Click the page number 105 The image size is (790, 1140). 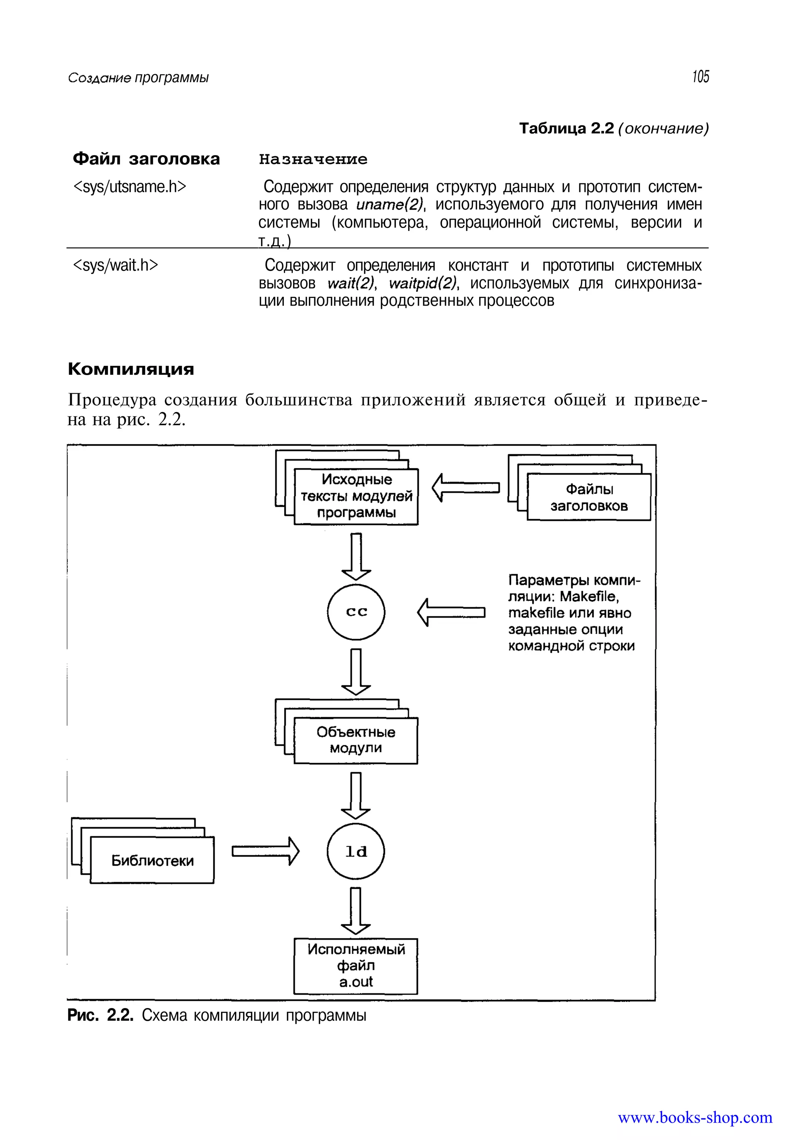701,77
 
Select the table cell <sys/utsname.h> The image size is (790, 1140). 130,187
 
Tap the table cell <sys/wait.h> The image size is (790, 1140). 116,266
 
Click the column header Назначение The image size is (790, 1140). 313,159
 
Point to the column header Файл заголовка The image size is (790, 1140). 146,159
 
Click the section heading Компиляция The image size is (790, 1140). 131,369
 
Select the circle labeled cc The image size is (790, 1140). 356,612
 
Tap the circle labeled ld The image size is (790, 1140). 356,851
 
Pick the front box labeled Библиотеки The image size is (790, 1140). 152,860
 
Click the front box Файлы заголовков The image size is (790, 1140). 589,497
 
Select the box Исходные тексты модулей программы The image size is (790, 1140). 356,496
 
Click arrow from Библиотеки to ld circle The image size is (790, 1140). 266,851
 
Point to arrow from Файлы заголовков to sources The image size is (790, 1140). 465,488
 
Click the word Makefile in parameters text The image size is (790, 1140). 589,596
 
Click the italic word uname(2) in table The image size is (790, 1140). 390,205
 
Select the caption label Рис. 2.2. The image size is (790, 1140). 100,1016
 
